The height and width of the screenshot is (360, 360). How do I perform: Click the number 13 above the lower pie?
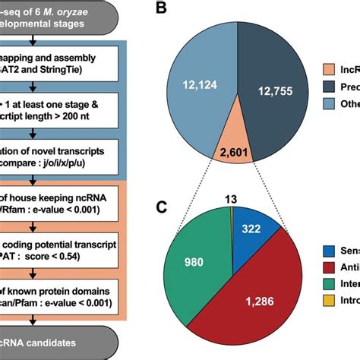[227, 199]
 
